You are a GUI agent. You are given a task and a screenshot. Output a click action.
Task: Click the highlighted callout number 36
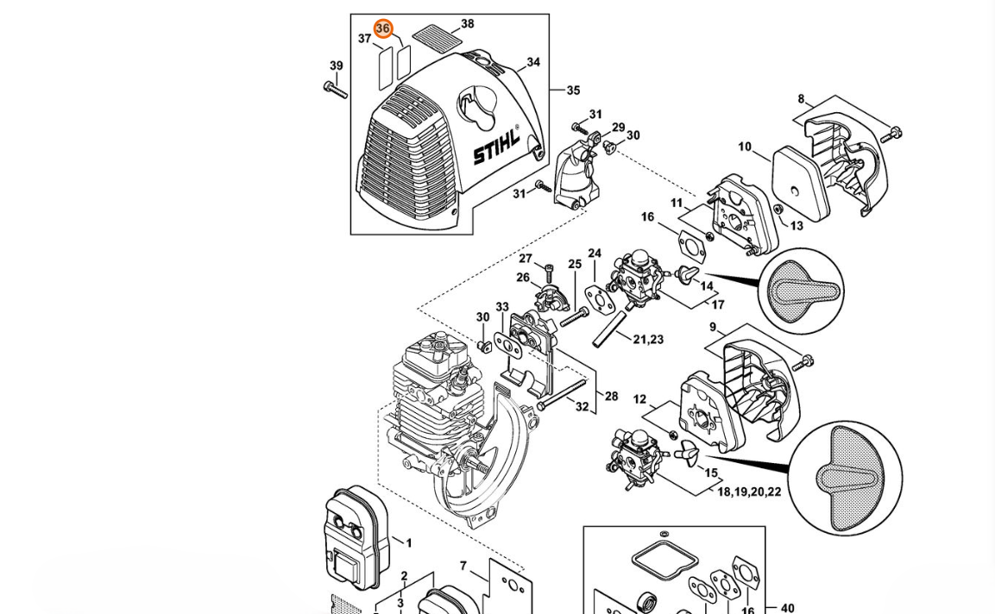(383, 28)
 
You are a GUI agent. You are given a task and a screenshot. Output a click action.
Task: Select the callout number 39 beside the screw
(337, 66)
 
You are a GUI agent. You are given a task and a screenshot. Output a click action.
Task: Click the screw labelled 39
(335, 89)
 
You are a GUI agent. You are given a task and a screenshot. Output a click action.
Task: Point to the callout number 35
(573, 90)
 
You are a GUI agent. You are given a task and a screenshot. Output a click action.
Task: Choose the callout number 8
(801, 99)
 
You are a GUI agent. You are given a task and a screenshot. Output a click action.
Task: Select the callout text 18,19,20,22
(749, 492)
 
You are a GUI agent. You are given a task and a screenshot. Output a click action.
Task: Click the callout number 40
(787, 608)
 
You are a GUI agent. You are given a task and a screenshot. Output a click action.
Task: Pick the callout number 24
(595, 254)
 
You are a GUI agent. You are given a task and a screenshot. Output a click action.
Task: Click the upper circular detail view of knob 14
(800, 291)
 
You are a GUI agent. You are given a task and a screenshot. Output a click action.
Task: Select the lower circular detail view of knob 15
(845, 479)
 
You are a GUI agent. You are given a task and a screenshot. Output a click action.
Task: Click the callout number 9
(713, 328)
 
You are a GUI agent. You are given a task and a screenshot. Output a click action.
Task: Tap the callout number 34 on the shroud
(533, 62)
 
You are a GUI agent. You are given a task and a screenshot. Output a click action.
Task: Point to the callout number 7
(463, 566)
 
